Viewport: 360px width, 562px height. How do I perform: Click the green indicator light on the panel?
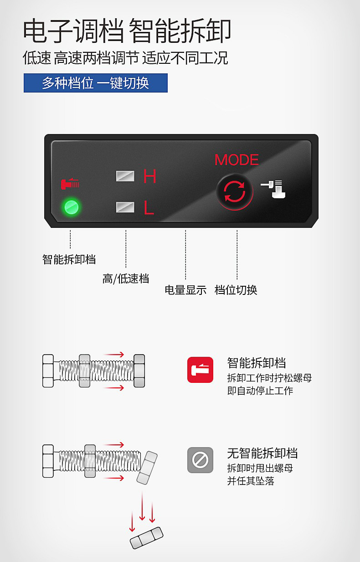coord(72,207)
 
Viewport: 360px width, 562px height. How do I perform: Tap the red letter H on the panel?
coord(150,176)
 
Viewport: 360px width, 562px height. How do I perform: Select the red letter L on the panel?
coord(149,208)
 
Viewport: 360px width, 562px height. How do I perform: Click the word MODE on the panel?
coord(237,160)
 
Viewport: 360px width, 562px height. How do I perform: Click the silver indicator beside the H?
coord(125,176)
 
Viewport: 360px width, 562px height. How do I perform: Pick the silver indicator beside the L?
coord(125,207)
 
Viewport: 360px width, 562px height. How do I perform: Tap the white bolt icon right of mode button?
coord(273,189)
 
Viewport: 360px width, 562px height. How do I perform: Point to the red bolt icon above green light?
coord(70,183)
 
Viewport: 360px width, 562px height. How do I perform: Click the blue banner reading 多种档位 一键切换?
coord(96,83)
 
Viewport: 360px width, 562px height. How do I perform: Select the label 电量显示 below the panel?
coord(185,290)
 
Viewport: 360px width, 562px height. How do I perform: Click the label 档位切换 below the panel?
coord(236,290)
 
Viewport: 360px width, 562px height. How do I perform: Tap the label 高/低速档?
coord(126,279)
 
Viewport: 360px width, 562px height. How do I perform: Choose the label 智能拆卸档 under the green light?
coord(69,259)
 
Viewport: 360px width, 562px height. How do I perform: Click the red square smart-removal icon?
coord(200,370)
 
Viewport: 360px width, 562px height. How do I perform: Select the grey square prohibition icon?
coord(200,460)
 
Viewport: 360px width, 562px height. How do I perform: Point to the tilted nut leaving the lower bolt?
coord(147,468)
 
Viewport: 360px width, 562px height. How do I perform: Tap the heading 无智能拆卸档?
coord(262,454)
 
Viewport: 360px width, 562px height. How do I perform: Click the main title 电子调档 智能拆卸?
coord(127,31)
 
